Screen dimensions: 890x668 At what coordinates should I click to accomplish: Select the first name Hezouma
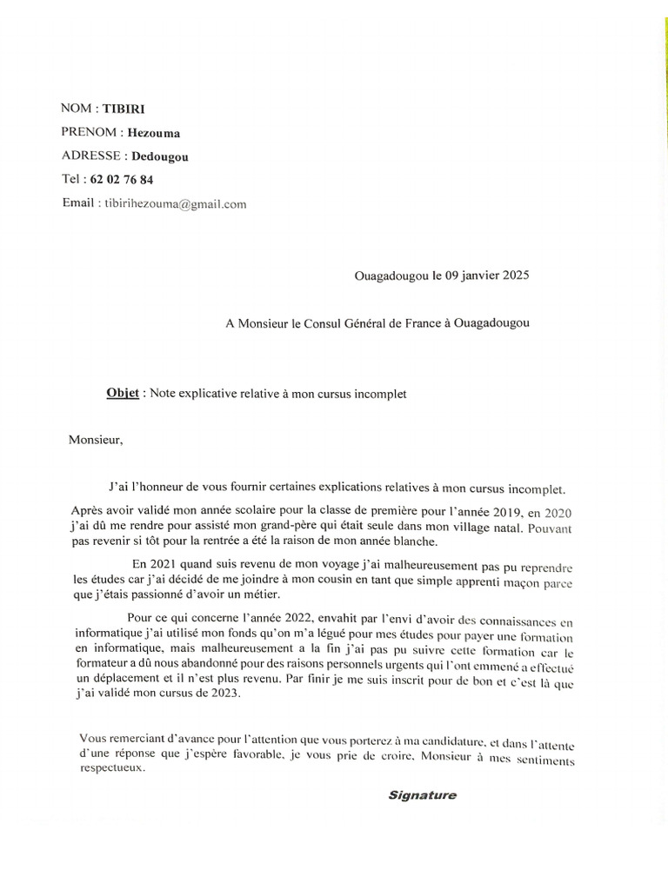click(154, 133)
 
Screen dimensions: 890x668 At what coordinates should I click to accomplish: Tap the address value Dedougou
click(159, 156)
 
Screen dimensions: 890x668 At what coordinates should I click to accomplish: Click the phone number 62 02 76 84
click(122, 180)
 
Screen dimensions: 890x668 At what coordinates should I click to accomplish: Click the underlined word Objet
click(124, 393)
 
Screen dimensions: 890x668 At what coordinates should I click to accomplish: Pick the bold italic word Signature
click(422, 795)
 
